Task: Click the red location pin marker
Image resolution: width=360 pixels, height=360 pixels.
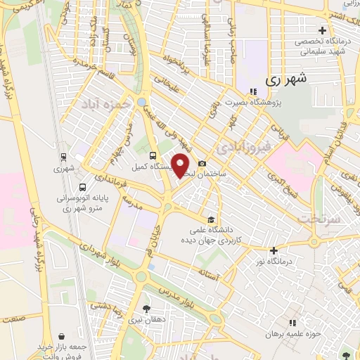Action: (x=181, y=165)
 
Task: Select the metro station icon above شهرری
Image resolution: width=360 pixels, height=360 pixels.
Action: (x=64, y=157)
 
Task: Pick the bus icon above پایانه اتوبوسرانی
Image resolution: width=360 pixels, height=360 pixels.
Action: (x=84, y=188)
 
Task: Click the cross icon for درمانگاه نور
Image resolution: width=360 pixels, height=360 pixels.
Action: (x=274, y=250)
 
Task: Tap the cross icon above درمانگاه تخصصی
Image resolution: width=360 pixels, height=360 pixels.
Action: (x=322, y=30)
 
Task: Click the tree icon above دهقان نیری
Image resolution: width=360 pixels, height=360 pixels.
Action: (x=146, y=309)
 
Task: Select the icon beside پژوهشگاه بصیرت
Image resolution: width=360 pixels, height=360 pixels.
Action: (x=252, y=91)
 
